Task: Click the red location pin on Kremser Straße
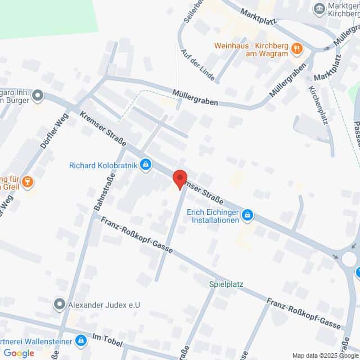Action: coord(179,178)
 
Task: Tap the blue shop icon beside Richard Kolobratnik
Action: coord(146,165)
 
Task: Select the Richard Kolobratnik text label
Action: coord(103,165)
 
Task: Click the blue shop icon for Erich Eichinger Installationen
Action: coord(248,215)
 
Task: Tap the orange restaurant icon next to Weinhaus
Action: coord(296,50)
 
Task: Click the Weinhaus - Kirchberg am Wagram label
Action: coord(251,50)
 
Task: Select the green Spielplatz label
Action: coord(226,285)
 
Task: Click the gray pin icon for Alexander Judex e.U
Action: coord(59,305)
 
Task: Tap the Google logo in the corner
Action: coord(19,353)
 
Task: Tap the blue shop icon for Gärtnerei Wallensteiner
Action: coord(81,341)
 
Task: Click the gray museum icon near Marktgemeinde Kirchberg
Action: coord(319,8)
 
